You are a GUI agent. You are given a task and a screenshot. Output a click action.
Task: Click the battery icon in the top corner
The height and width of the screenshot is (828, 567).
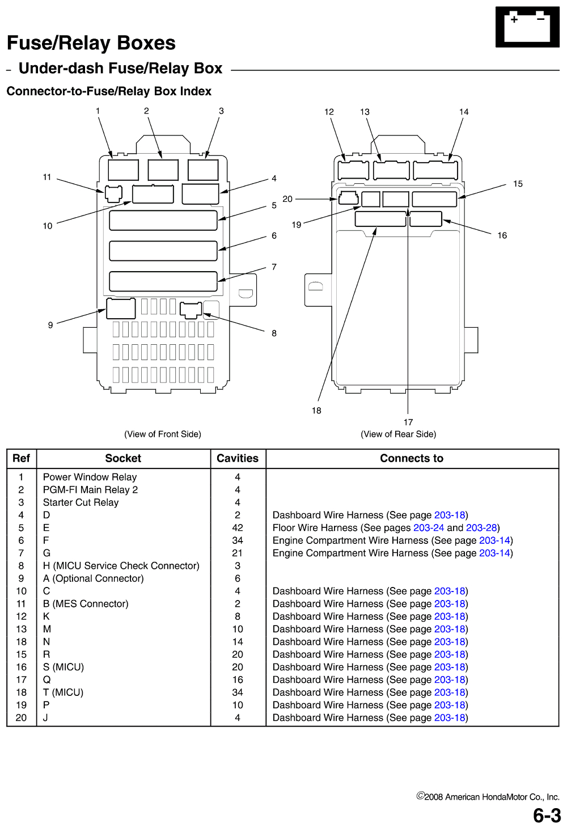point(527,27)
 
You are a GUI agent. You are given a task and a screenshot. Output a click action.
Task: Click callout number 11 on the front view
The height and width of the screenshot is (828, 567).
point(47,177)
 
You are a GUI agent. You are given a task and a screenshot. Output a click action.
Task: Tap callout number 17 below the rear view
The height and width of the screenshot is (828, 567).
point(408,422)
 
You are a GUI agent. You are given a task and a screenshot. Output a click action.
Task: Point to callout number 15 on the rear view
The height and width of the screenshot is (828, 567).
point(518,184)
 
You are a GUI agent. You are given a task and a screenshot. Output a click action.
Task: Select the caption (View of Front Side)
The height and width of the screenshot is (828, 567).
point(163,434)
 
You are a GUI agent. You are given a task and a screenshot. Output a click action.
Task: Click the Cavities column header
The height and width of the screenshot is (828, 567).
point(238,458)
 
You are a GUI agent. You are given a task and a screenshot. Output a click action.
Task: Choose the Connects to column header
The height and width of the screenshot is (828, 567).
point(412,458)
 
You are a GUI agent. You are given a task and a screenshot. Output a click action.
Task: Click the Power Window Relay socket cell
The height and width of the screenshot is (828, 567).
point(90,477)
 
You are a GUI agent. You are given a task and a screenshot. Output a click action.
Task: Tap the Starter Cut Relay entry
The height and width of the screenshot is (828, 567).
point(81,502)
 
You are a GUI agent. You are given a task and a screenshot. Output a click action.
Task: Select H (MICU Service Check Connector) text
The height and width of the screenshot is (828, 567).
point(121,565)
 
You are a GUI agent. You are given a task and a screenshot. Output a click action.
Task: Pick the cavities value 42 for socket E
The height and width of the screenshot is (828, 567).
point(238,528)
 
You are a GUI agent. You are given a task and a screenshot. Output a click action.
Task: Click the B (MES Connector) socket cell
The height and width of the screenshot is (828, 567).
point(86,603)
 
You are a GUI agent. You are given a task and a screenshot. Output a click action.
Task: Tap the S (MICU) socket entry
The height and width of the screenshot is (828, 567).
point(64,667)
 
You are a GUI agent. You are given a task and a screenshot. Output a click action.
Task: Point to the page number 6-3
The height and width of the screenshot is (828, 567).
point(547,815)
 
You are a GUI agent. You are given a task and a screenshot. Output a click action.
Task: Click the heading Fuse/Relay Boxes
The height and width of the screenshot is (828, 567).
point(91,43)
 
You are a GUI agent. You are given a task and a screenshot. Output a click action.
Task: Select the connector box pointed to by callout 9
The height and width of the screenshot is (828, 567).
point(121,309)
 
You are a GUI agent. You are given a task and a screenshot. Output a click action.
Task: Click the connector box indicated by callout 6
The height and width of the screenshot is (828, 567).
point(163,251)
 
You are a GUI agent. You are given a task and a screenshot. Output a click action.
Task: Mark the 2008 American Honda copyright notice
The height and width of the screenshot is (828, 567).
point(488,796)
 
